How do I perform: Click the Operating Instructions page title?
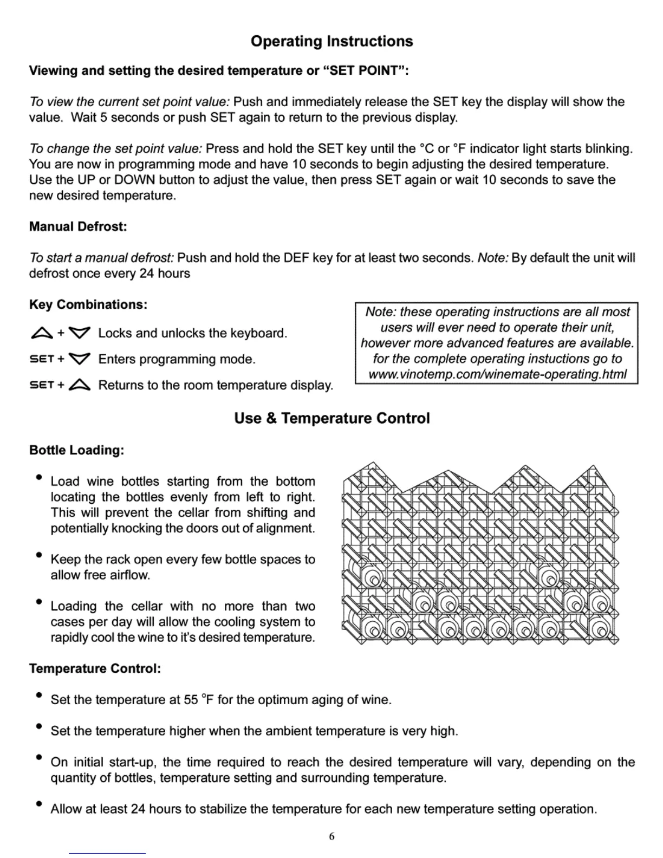click(331, 41)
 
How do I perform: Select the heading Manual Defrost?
click(78, 226)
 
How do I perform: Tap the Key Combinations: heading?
click(88, 304)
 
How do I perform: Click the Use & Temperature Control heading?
click(331, 418)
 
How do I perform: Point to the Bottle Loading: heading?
click(76, 450)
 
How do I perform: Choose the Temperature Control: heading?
click(95, 668)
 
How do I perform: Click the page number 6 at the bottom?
click(331, 836)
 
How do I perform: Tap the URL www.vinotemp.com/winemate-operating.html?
click(497, 374)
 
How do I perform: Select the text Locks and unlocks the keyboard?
click(192, 333)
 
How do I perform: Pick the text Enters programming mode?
click(177, 359)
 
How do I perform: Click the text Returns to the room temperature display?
click(216, 385)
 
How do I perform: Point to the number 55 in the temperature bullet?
click(191, 700)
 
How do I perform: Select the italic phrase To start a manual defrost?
click(102, 258)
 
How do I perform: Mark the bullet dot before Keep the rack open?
click(38, 555)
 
